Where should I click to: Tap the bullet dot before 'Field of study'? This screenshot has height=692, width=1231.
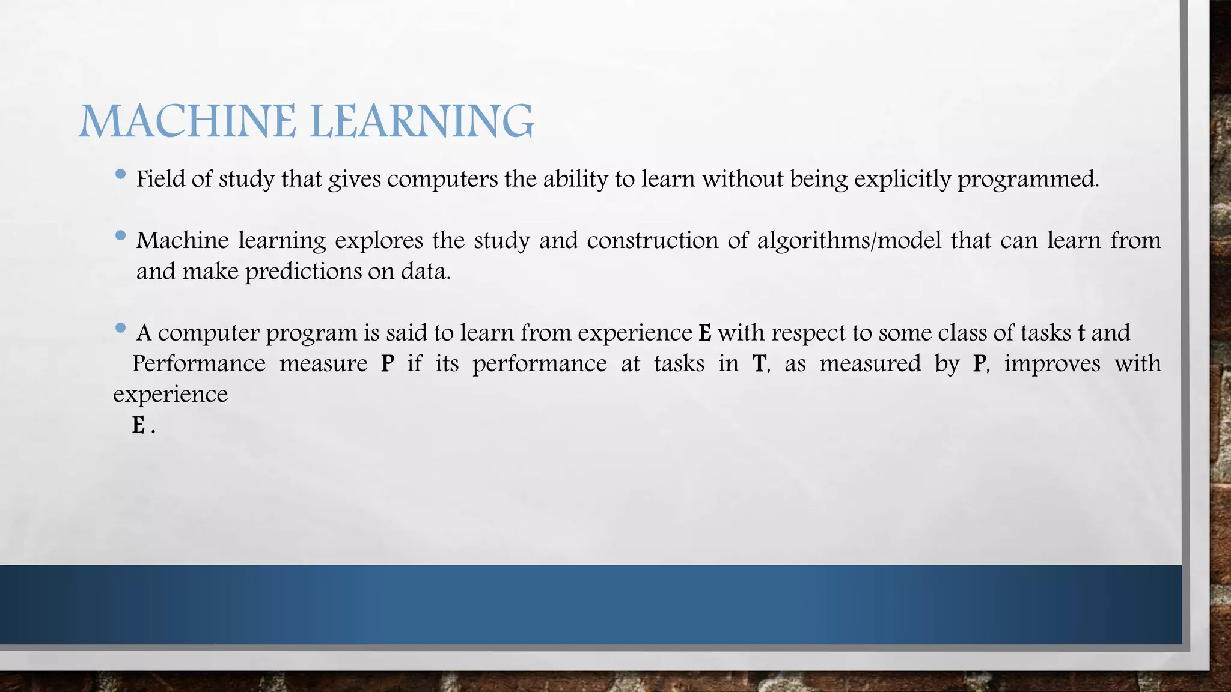[120, 175]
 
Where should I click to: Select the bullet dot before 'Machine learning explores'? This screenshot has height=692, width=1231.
[120, 236]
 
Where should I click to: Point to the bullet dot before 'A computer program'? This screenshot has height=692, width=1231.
[120, 328]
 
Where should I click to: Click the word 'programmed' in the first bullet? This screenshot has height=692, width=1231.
[1027, 180]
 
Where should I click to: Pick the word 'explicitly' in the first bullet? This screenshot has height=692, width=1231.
[902, 180]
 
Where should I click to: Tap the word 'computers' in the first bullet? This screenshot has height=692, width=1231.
[442, 180]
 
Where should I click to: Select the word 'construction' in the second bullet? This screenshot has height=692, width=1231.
[652, 241]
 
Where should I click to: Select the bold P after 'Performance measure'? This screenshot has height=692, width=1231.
[388, 364]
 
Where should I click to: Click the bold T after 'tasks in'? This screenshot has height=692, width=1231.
[759, 364]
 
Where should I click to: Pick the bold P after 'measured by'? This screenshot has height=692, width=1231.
[979, 364]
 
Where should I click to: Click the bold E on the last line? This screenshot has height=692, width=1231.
[139, 426]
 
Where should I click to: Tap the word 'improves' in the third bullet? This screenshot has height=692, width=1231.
[1052, 364]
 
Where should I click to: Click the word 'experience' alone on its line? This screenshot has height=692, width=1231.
[171, 395]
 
